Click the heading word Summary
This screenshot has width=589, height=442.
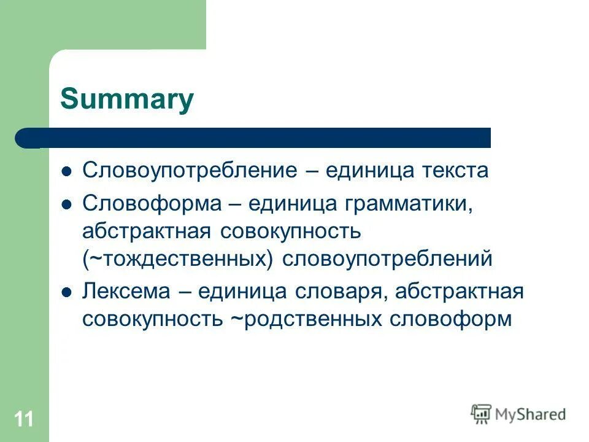click(x=127, y=99)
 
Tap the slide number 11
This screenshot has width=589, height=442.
click(x=24, y=420)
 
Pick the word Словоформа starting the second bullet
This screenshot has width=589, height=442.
click(x=152, y=203)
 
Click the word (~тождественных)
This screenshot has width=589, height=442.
click(x=179, y=258)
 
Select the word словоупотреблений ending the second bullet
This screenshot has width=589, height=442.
click(x=387, y=258)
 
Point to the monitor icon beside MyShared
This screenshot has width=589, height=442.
click(x=481, y=414)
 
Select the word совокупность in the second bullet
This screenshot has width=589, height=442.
click(x=297, y=231)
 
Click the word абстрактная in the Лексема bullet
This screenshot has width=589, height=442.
click(x=459, y=291)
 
